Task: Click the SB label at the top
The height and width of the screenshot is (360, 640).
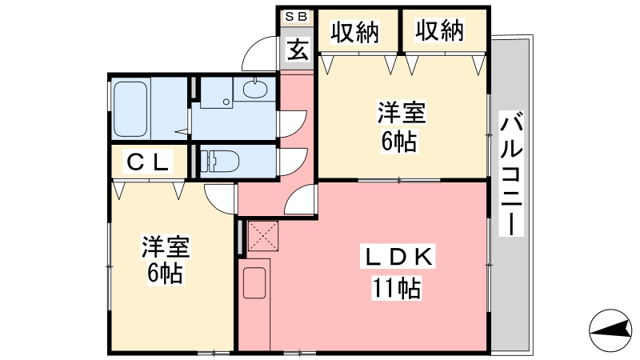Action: tap(296, 15)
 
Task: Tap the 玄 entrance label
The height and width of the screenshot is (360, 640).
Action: tap(297, 50)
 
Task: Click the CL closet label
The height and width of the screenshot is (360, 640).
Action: tap(149, 162)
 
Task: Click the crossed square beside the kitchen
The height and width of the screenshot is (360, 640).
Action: tap(261, 235)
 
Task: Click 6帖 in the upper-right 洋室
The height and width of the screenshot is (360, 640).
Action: tap(398, 141)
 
